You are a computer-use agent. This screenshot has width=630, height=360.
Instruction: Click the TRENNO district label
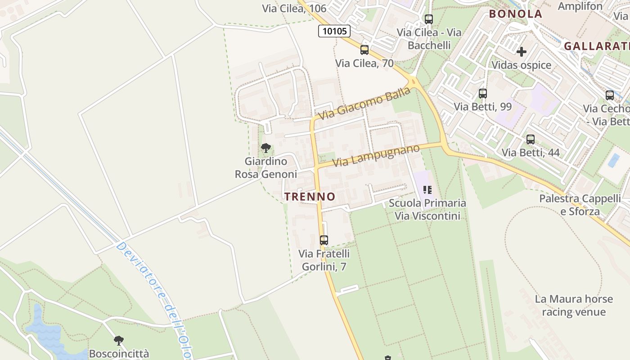(x=310, y=197)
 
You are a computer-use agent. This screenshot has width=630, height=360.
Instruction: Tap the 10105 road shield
(x=334, y=31)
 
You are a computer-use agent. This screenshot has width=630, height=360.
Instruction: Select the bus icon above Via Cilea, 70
(x=364, y=50)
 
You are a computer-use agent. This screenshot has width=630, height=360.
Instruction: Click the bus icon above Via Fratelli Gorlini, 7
(x=324, y=240)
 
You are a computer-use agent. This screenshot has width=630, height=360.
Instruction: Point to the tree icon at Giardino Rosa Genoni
(x=266, y=148)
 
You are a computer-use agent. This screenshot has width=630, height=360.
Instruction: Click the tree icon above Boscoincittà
(x=119, y=340)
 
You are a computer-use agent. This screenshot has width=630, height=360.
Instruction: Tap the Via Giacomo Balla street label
(x=364, y=104)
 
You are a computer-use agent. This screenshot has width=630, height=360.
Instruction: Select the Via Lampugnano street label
(x=376, y=155)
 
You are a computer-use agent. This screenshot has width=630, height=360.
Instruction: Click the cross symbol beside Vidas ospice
(x=522, y=52)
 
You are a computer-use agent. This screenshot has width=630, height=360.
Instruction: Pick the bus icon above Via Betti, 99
(x=483, y=94)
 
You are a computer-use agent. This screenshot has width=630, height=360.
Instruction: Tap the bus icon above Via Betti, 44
(x=531, y=139)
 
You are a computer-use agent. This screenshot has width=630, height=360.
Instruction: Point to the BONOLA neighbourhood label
(x=516, y=14)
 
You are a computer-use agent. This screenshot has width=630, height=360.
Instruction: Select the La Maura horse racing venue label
(x=574, y=305)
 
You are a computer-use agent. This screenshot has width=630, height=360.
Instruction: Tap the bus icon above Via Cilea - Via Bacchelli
(x=429, y=19)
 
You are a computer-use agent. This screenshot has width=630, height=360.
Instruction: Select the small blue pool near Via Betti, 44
(x=613, y=160)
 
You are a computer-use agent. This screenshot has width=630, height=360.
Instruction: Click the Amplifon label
(x=580, y=6)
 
